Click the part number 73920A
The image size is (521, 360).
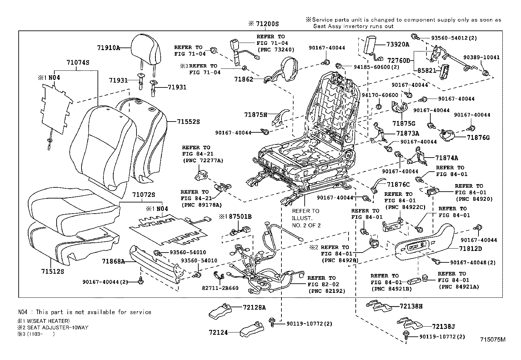398,44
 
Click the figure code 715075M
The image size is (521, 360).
493,340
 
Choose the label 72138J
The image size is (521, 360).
443,327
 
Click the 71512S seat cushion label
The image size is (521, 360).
53,272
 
